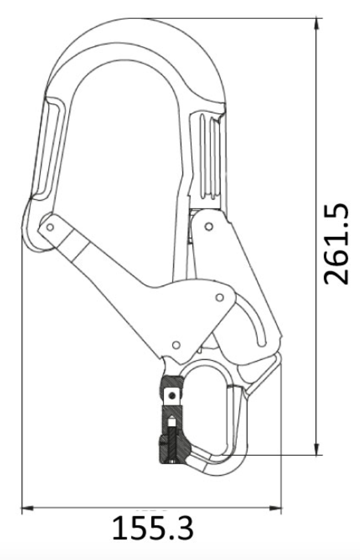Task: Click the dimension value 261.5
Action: click(x=337, y=243)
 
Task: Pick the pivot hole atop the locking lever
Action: click(x=209, y=227)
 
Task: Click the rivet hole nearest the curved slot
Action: click(x=219, y=297)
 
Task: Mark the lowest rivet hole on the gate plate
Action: click(x=176, y=345)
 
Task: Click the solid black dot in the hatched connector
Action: click(x=173, y=396)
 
